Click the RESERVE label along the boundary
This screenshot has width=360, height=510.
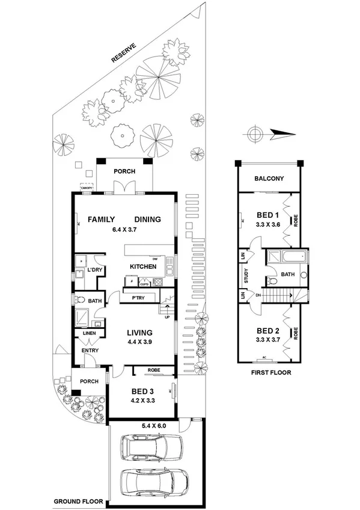tap(124, 53)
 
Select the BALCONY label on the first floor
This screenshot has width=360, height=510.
tap(269, 179)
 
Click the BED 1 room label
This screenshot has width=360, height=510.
tap(268, 215)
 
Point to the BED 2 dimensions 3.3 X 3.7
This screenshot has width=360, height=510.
tap(268, 339)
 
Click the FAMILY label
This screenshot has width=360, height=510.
tap(102, 220)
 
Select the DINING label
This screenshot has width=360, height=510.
tap(147, 220)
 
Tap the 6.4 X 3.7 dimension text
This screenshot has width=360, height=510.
tap(125, 229)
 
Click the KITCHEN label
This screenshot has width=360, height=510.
tap(143, 266)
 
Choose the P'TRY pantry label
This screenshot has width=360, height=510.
tap(132, 297)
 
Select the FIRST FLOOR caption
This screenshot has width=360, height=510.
tap(269, 373)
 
